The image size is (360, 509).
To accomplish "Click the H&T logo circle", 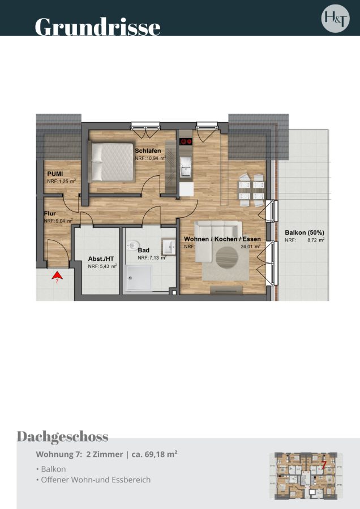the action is coord(335,19).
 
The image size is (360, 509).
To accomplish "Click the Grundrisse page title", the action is coord(97,27).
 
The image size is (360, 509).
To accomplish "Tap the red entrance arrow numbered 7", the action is coord(57,275).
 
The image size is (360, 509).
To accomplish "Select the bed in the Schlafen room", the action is coord(113,162).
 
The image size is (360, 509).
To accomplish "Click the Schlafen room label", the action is coord(148,151).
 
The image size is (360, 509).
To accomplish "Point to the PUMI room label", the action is coord(55,174).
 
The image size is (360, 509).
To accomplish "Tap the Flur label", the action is coord(50,214).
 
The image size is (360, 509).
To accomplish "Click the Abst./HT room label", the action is coord(101,259).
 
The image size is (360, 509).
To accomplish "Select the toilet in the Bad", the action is coord(132,245).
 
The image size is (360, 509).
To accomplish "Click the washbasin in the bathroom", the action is coord(169,246).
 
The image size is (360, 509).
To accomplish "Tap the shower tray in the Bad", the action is coord(139,278).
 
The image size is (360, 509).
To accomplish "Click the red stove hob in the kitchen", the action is coord(186,141).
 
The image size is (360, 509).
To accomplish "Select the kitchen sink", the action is coord(186,167).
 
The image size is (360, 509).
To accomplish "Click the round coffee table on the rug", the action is coord(227,257).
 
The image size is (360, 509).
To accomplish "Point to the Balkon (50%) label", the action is coord(305,232).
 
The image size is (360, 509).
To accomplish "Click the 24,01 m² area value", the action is coord(250,247).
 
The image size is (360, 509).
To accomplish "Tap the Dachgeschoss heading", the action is coord(62,437).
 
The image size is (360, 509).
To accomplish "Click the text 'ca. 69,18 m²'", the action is coord(155,454).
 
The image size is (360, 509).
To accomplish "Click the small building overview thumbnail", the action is coord(306,476).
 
